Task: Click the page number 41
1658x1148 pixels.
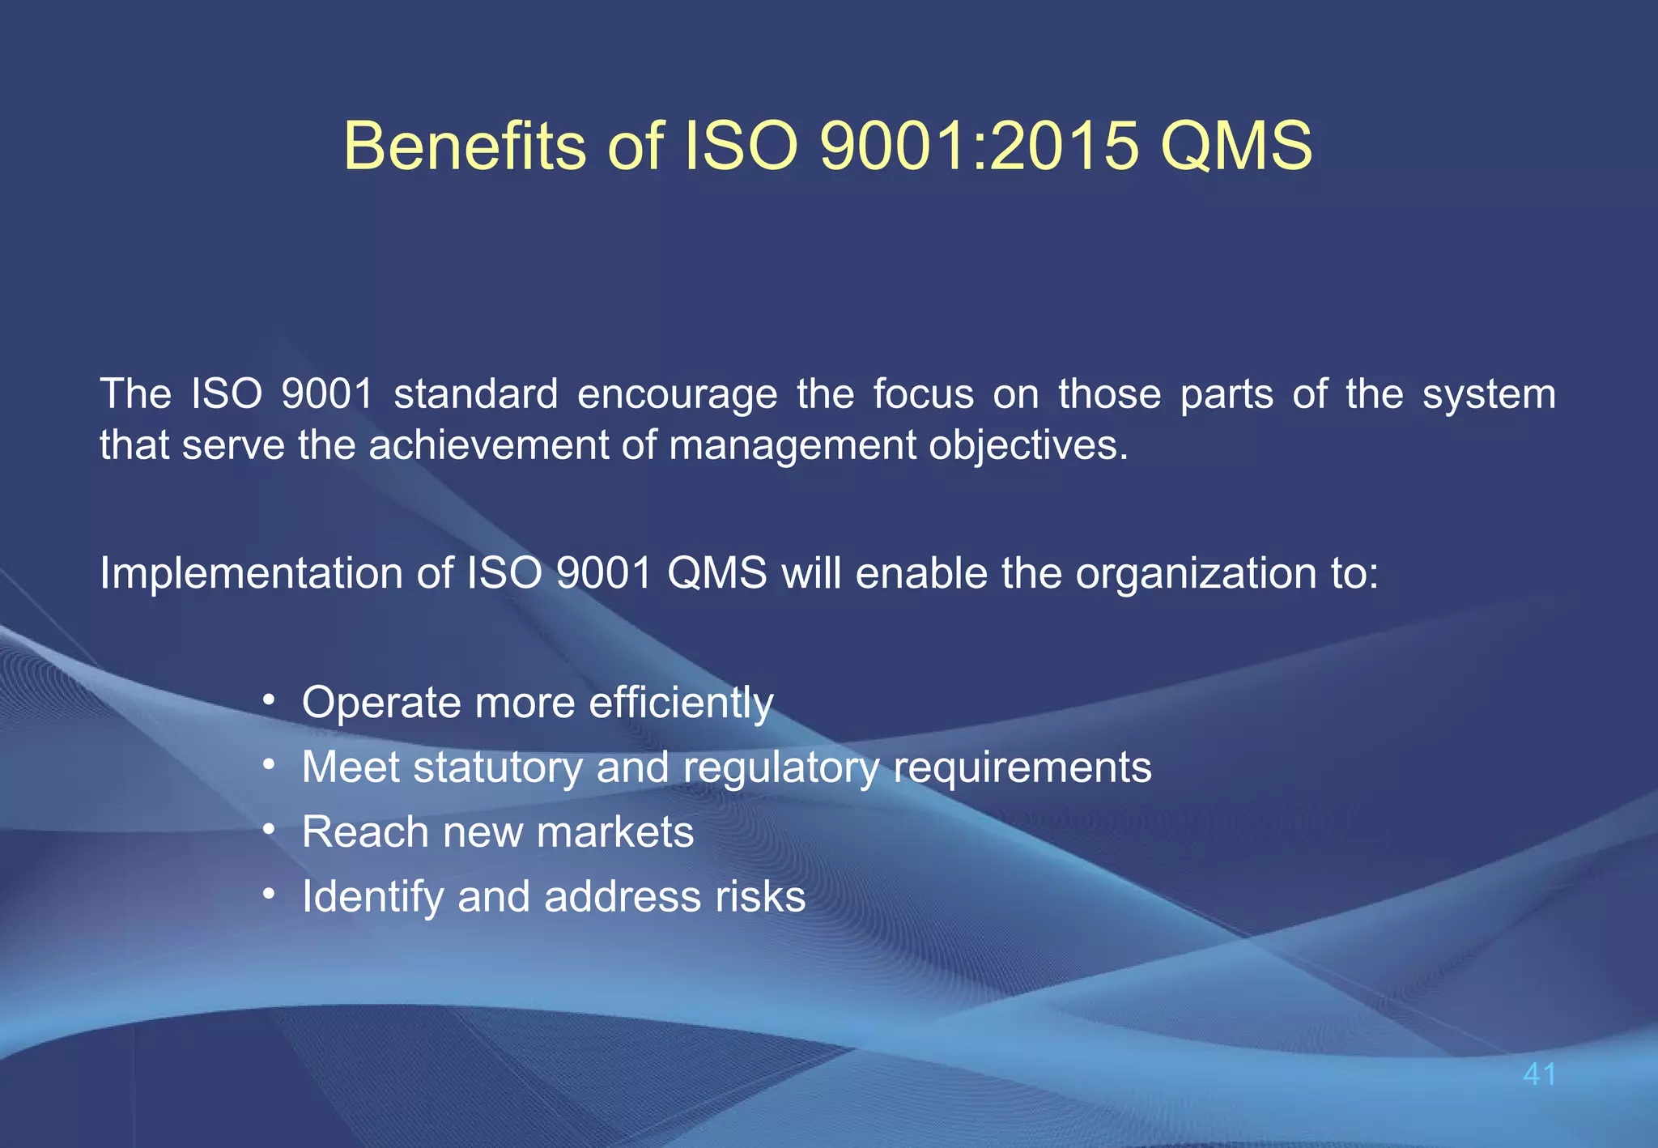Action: (x=1539, y=1074)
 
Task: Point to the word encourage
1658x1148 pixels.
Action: (x=677, y=395)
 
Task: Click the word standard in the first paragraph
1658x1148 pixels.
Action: (x=476, y=394)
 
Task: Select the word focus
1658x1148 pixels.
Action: (x=923, y=394)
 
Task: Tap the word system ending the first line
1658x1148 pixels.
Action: (x=1489, y=395)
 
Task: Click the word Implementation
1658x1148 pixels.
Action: (x=252, y=574)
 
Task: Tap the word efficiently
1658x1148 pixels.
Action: (x=681, y=703)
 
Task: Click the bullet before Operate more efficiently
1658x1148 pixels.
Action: (x=270, y=699)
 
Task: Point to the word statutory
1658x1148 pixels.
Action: (x=498, y=767)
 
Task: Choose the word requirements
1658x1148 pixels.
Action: (x=1022, y=768)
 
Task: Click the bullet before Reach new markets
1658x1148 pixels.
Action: (x=270, y=829)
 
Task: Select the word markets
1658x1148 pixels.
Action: (x=615, y=832)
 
